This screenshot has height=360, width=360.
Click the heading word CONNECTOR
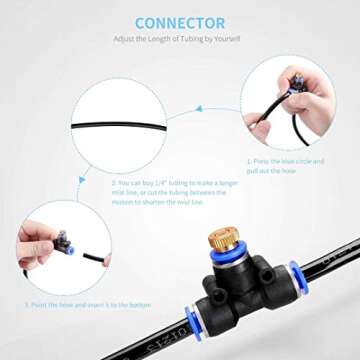click(179, 22)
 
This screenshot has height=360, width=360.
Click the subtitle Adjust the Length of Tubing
click(179, 40)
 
